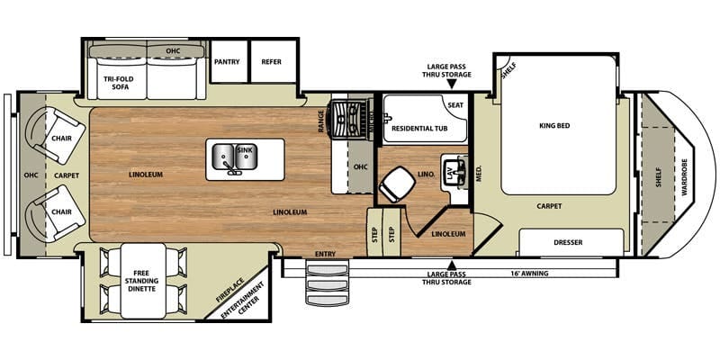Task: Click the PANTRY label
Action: coord(226,62)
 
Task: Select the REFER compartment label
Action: coord(272,62)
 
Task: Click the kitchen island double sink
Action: coord(233,157)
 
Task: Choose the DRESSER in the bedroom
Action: coord(571,241)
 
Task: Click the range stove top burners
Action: coord(350,115)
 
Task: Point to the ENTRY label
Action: coord(325,255)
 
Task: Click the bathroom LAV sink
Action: coord(453,171)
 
